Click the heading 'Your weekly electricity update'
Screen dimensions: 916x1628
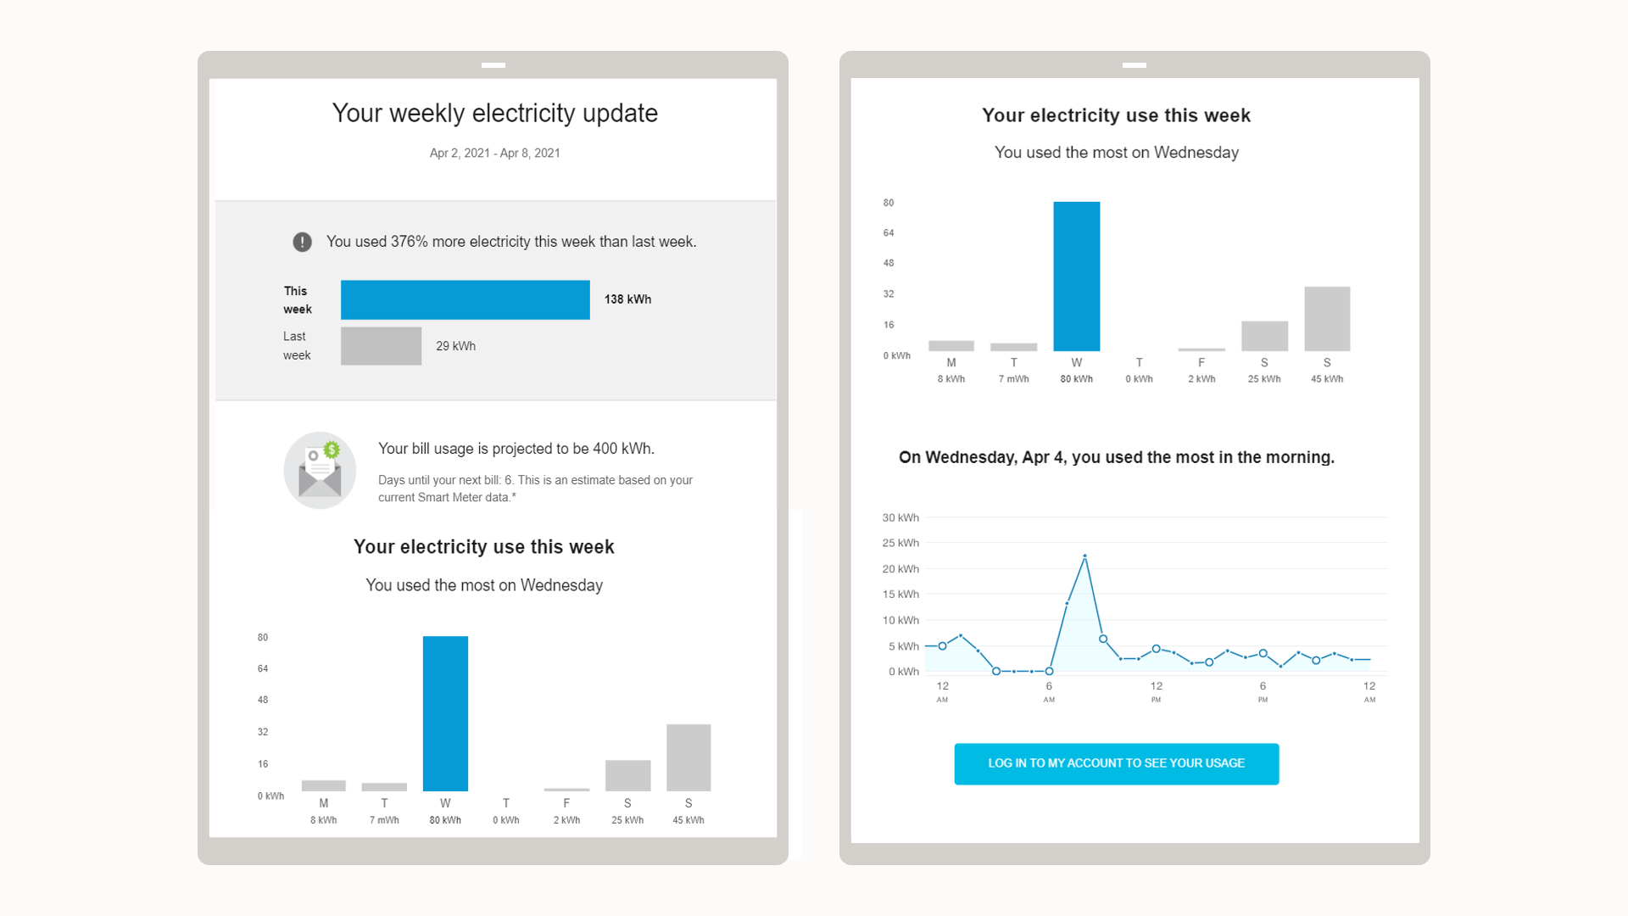494,114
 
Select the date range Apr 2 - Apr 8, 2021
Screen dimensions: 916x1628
494,154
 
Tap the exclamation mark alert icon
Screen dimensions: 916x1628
302,242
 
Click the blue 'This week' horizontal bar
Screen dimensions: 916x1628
465,300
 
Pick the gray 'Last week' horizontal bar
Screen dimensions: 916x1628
381,346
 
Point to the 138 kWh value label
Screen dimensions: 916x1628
627,299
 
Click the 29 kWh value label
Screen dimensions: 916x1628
455,346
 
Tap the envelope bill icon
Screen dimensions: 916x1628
320,471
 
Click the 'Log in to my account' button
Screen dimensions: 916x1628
1116,764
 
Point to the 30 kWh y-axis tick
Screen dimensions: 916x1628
900,517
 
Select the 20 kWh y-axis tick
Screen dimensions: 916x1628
900,569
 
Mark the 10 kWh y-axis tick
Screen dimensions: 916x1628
900,620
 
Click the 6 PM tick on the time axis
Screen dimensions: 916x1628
1263,690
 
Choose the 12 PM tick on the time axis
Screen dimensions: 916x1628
1156,690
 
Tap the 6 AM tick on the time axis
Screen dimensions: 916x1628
1049,690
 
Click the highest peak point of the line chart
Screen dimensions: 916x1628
1085,556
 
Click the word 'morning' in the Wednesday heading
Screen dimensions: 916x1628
1299,458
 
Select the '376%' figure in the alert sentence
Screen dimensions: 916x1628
409,242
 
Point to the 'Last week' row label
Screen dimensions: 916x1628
297,346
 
